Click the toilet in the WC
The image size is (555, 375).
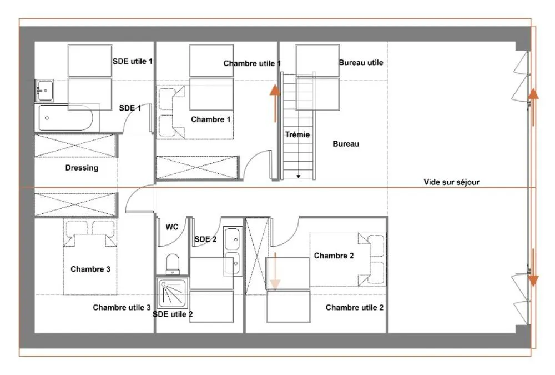(x=173, y=264)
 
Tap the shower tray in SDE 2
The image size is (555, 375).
(x=172, y=293)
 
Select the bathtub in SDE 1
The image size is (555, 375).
(x=64, y=118)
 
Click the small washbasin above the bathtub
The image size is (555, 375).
(x=45, y=91)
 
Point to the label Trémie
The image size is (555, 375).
(x=297, y=134)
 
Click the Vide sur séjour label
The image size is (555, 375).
(x=451, y=182)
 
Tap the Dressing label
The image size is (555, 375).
(x=82, y=168)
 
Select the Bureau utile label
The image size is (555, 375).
(x=361, y=62)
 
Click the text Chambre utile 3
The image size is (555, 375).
(x=122, y=307)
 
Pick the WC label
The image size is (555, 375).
(x=172, y=227)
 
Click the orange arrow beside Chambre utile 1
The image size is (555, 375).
(x=275, y=103)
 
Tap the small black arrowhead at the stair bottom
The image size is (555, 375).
(x=299, y=176)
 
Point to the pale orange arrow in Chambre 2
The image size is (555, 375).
(x=275, y=270)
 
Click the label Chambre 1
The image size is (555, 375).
(x=210, y=119)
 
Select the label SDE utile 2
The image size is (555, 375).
(x=173, y=314)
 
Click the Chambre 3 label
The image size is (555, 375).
(x=90, y=269)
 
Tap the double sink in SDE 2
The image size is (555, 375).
(x=233, y=251)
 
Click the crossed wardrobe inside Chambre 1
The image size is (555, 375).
(x=196, y=167)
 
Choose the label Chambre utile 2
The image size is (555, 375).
(x=354, y=307)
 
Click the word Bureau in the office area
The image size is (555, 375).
(x=346, y=143)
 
